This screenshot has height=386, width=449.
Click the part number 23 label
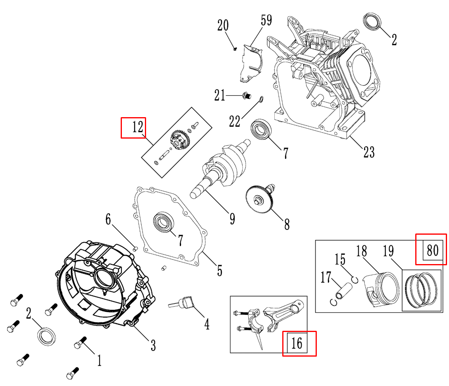[x=369, y=151]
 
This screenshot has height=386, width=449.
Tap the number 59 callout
[x=266, y=20]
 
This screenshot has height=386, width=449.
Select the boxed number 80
[x=432, y=250]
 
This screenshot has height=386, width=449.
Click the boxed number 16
[x=297, y=342]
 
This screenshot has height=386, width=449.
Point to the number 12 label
[x=137, y=127]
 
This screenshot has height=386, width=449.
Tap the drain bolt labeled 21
[x=246, y=95]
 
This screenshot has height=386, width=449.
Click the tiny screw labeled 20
[x=235, y=49]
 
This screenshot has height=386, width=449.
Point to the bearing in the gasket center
[x=163, y=222]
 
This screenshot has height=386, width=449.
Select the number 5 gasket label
[x=219, y=270]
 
